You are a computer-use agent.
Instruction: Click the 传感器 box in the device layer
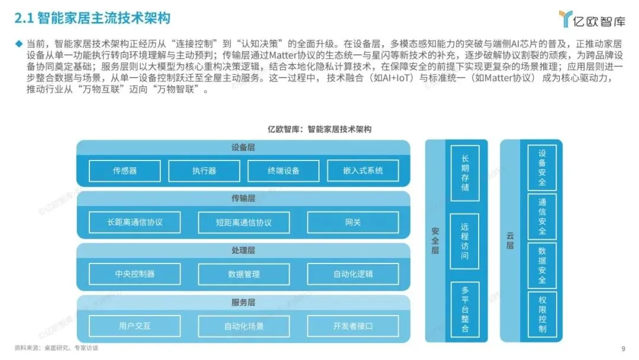(125, 171)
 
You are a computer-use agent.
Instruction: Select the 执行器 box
(204, 171)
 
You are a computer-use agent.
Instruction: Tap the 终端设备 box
(283, 171)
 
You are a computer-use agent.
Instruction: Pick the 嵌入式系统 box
(363, 171)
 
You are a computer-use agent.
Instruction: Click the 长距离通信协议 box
(135, 222)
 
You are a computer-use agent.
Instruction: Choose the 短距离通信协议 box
(244, 222)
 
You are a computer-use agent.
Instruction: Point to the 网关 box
(353, 222)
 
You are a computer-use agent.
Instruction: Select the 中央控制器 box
(135, 274)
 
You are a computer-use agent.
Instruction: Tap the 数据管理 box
(244, 274)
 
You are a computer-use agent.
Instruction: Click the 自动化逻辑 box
(353, 274)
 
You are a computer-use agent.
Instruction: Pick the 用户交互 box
(135, 326)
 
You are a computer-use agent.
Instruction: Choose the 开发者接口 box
(353, 326)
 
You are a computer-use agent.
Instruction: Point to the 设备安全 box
(543, 168)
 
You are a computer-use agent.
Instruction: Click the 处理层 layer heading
(243, 250)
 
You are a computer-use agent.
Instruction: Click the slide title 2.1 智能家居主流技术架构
(92, 18)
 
